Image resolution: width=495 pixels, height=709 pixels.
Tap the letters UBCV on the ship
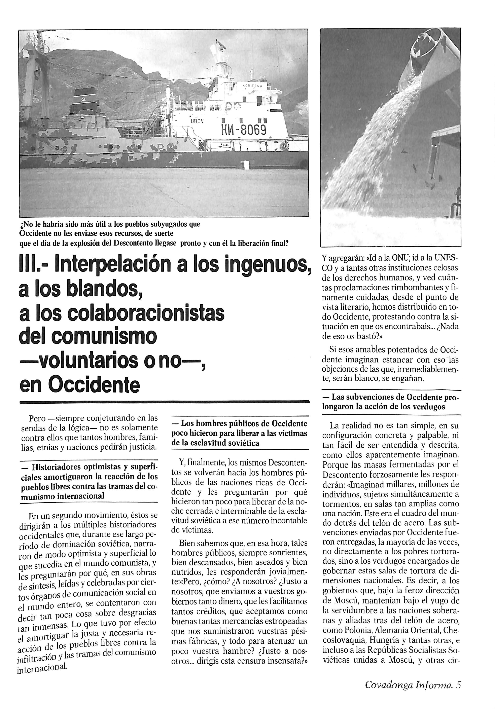197,121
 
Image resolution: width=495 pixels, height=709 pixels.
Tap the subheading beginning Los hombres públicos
240,433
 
